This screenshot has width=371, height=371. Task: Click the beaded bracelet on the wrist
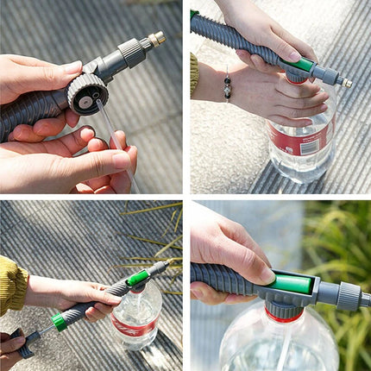226,87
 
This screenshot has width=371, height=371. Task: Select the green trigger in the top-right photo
301,65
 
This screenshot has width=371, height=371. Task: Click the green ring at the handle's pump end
59,322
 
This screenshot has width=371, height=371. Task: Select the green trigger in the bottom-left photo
137,278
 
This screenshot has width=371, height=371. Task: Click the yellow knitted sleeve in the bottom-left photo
12,285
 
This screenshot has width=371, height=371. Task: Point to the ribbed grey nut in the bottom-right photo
349,296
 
